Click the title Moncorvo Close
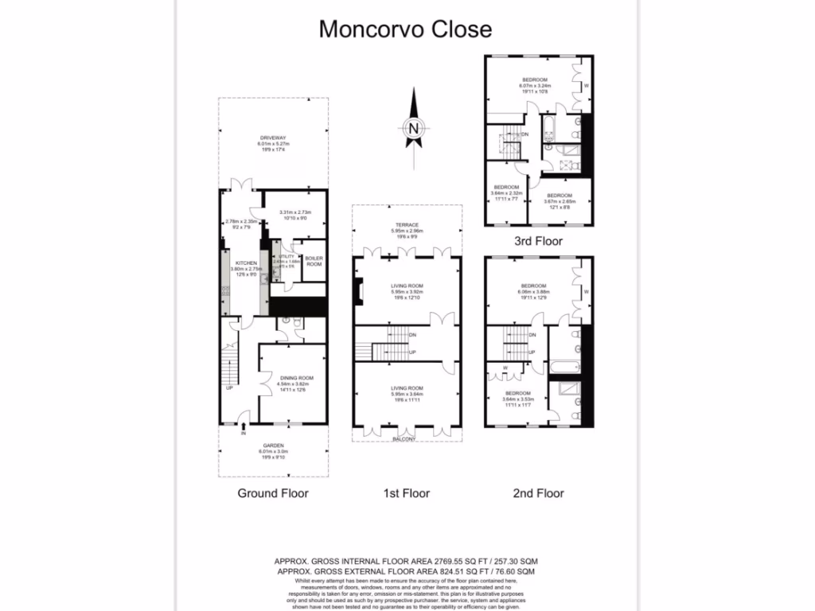pyautogui.click(x=405, y=29)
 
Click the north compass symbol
pyautogui.click(x=413, y=128)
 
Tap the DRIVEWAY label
pyautogui.click(x=271, y=138)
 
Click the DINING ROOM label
pyautogui.click(x=294, y=378)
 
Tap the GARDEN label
pyautogui.click(x=273, y=446)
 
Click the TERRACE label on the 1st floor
pyautogui.click(x=407, y=225)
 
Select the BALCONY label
pyautogui.click(x=406, y=439)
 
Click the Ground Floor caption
pyautogui.click(x=273, y=493)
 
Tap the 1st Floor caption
pyautogui.click(x=406, y=493)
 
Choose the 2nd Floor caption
pyautogui.click(x=538, y=493)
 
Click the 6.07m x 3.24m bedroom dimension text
pyautogui.click(x=534, y=86)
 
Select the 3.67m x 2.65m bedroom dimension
pyautogui.click(x=558, y=201)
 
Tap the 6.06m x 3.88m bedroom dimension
pyautogui.click(x=533, y=292)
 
